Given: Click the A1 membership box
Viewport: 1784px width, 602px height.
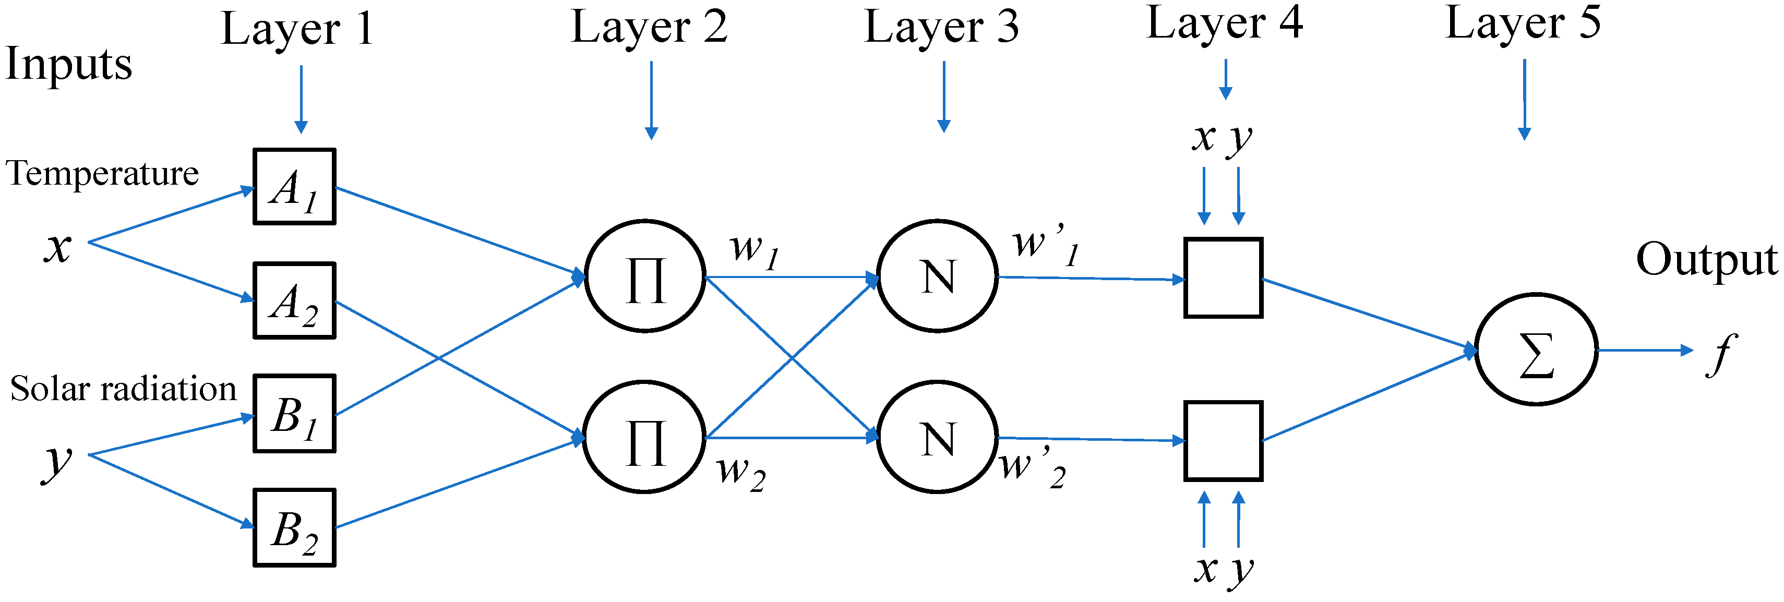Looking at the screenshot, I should point(294,186).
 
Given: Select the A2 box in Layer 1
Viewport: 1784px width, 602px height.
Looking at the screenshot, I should point(294,300).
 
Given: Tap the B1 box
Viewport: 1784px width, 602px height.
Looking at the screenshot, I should point(294,414).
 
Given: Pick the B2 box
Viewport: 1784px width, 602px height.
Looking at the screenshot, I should point(294,528).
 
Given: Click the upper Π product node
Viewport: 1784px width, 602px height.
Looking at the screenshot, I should point(645,276).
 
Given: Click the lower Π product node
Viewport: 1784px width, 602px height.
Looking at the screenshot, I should point(645,437).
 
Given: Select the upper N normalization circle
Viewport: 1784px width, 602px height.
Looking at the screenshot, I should point(938,276).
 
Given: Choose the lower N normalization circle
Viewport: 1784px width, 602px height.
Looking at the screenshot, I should point(938,437).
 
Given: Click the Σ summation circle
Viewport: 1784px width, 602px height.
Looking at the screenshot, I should point(1536,350).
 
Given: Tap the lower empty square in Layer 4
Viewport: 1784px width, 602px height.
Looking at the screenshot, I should point(1223,441).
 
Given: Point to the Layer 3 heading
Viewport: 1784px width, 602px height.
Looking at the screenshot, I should point(941,28).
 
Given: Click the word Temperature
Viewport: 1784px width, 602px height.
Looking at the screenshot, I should point(102,173).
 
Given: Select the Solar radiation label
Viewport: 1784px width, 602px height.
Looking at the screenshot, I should point(123,389).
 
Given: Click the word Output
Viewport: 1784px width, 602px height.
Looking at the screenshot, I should point(1706,260).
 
